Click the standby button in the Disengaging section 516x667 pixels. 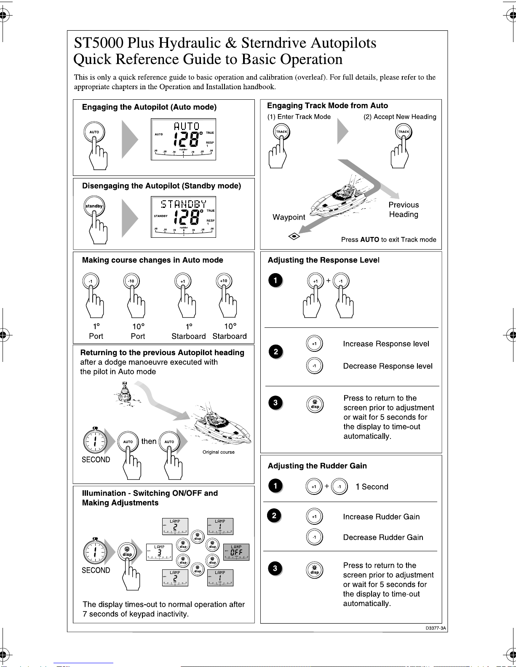(x=94, y=206)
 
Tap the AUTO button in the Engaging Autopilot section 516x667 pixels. (x=94, y=132)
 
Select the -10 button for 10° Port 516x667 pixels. (x=131, y=281)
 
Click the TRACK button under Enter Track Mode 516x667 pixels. (x=281, y=132)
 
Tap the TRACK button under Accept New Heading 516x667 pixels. (x=404, y=132)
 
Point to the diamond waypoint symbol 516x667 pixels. (x=294, y=236)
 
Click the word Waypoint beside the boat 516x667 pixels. (x=289, y=217)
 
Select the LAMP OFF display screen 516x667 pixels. (x=236, y=552)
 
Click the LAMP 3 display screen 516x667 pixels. (x=159, y=552)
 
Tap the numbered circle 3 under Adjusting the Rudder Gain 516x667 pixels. (x=275, y=569)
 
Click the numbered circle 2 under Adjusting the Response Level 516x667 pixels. (x=275, y=352)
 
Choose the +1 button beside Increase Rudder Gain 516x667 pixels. (x=314, y=516)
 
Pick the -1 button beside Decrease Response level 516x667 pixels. (x=314, y=366)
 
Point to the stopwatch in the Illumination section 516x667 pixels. (x=95, y=552)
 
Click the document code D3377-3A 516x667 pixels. (x=436, y=628)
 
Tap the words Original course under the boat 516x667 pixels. (x=218, y=452)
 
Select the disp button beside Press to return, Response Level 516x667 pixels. (x=315, y=404)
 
